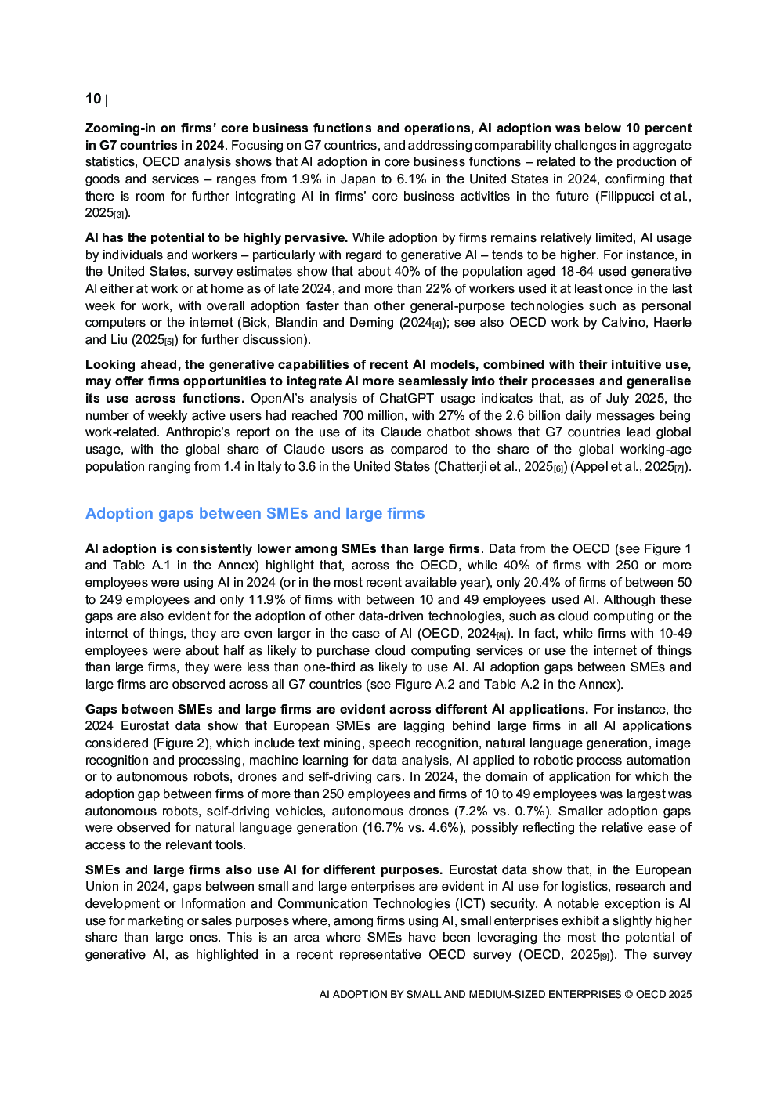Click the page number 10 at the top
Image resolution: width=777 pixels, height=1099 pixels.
(93, 99)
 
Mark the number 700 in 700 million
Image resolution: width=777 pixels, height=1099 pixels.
(353, 416)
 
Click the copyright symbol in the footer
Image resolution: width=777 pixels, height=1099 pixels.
(628, 995)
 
